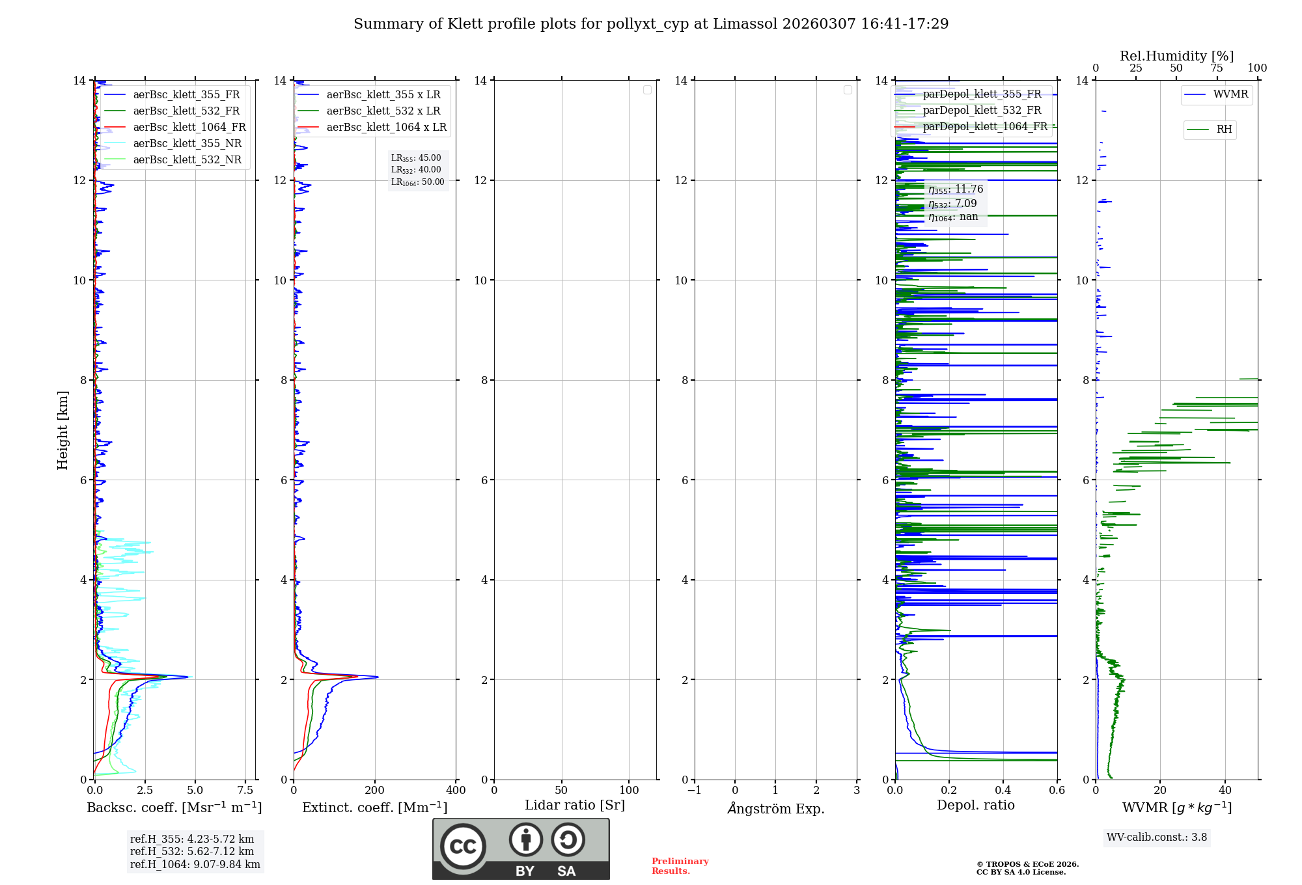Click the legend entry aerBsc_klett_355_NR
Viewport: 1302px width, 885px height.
point(187,144)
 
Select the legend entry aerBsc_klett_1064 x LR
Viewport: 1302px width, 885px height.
point(386,128)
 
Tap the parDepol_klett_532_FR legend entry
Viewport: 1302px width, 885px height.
point(982,111)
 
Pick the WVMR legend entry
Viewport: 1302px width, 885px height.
point(1230,94)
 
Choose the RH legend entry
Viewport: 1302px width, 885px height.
point(1224,129)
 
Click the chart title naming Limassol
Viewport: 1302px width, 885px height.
point(651,24)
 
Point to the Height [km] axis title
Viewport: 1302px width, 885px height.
point(62,430)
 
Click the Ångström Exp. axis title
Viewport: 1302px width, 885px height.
point(775,809)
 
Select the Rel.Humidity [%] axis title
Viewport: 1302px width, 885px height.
point(1176,56)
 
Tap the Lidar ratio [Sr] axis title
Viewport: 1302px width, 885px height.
point(575,806)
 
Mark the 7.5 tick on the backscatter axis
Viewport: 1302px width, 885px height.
point(245,791)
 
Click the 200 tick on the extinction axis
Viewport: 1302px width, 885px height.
point(375,791)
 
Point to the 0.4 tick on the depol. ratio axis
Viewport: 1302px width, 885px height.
point(1003,791)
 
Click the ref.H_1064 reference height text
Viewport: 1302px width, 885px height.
point(195,865)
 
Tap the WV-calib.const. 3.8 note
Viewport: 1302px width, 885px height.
point(1157,837)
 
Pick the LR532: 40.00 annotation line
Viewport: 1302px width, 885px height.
point(416,170)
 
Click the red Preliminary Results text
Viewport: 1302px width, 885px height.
point(680,866)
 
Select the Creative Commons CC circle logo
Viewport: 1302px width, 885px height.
point(463,847)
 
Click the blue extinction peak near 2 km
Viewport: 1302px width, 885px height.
point(377,677)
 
